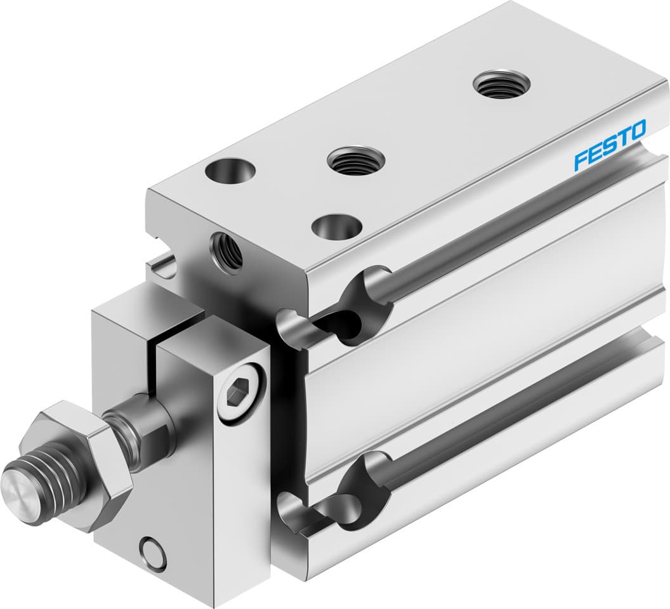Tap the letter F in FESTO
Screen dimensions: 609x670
point(580,160)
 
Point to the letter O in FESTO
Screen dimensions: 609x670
point(636,129)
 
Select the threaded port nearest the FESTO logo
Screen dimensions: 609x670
point(501,84)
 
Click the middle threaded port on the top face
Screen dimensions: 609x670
point(355,160)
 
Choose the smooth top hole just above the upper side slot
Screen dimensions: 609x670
point(337,226)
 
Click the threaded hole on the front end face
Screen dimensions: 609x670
point(228,251)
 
